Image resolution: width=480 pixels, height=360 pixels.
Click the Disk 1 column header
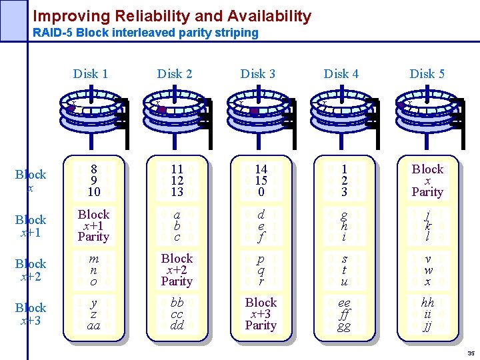coord(90,74)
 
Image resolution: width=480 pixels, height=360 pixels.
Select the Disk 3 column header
coord(257,74)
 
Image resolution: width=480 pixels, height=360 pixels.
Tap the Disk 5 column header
coord(427,74)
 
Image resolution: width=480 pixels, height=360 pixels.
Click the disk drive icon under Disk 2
coord(175,111)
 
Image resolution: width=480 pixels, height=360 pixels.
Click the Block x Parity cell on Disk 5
coord(427,180)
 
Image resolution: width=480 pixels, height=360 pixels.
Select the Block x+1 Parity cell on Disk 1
coord(93,225)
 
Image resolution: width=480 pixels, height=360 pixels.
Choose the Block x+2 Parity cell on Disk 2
coord(177,269)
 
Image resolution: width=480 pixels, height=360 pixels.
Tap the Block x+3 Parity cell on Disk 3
coord(261,313)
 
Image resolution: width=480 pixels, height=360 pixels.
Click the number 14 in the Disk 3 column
coord(261,169)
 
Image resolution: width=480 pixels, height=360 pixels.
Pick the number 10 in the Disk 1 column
coord(93,192)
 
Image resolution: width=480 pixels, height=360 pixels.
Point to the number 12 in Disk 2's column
coord(177,181)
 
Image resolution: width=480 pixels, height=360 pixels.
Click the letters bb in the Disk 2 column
coord(177,303)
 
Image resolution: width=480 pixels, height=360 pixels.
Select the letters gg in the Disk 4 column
coord(344,325)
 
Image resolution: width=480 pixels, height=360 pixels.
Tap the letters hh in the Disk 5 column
coord(428,303)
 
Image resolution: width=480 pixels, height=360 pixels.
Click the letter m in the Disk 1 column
coord(93,259)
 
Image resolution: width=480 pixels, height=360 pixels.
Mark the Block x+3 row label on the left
coord(31,313)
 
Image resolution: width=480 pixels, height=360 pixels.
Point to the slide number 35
coord(471,353)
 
